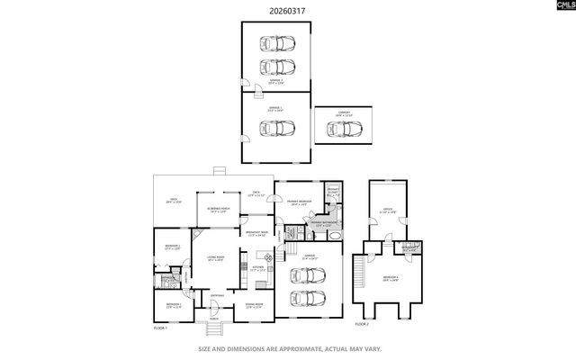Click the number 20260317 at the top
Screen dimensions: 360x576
[x=287, y=12]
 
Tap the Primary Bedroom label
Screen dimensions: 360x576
[x=298, y=202]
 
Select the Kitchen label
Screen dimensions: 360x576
[x=257, y=267]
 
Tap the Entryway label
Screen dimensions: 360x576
[x=217, y=296]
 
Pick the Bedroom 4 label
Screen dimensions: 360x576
[x=389, y=278]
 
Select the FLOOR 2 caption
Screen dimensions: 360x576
[x=362, y=322]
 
